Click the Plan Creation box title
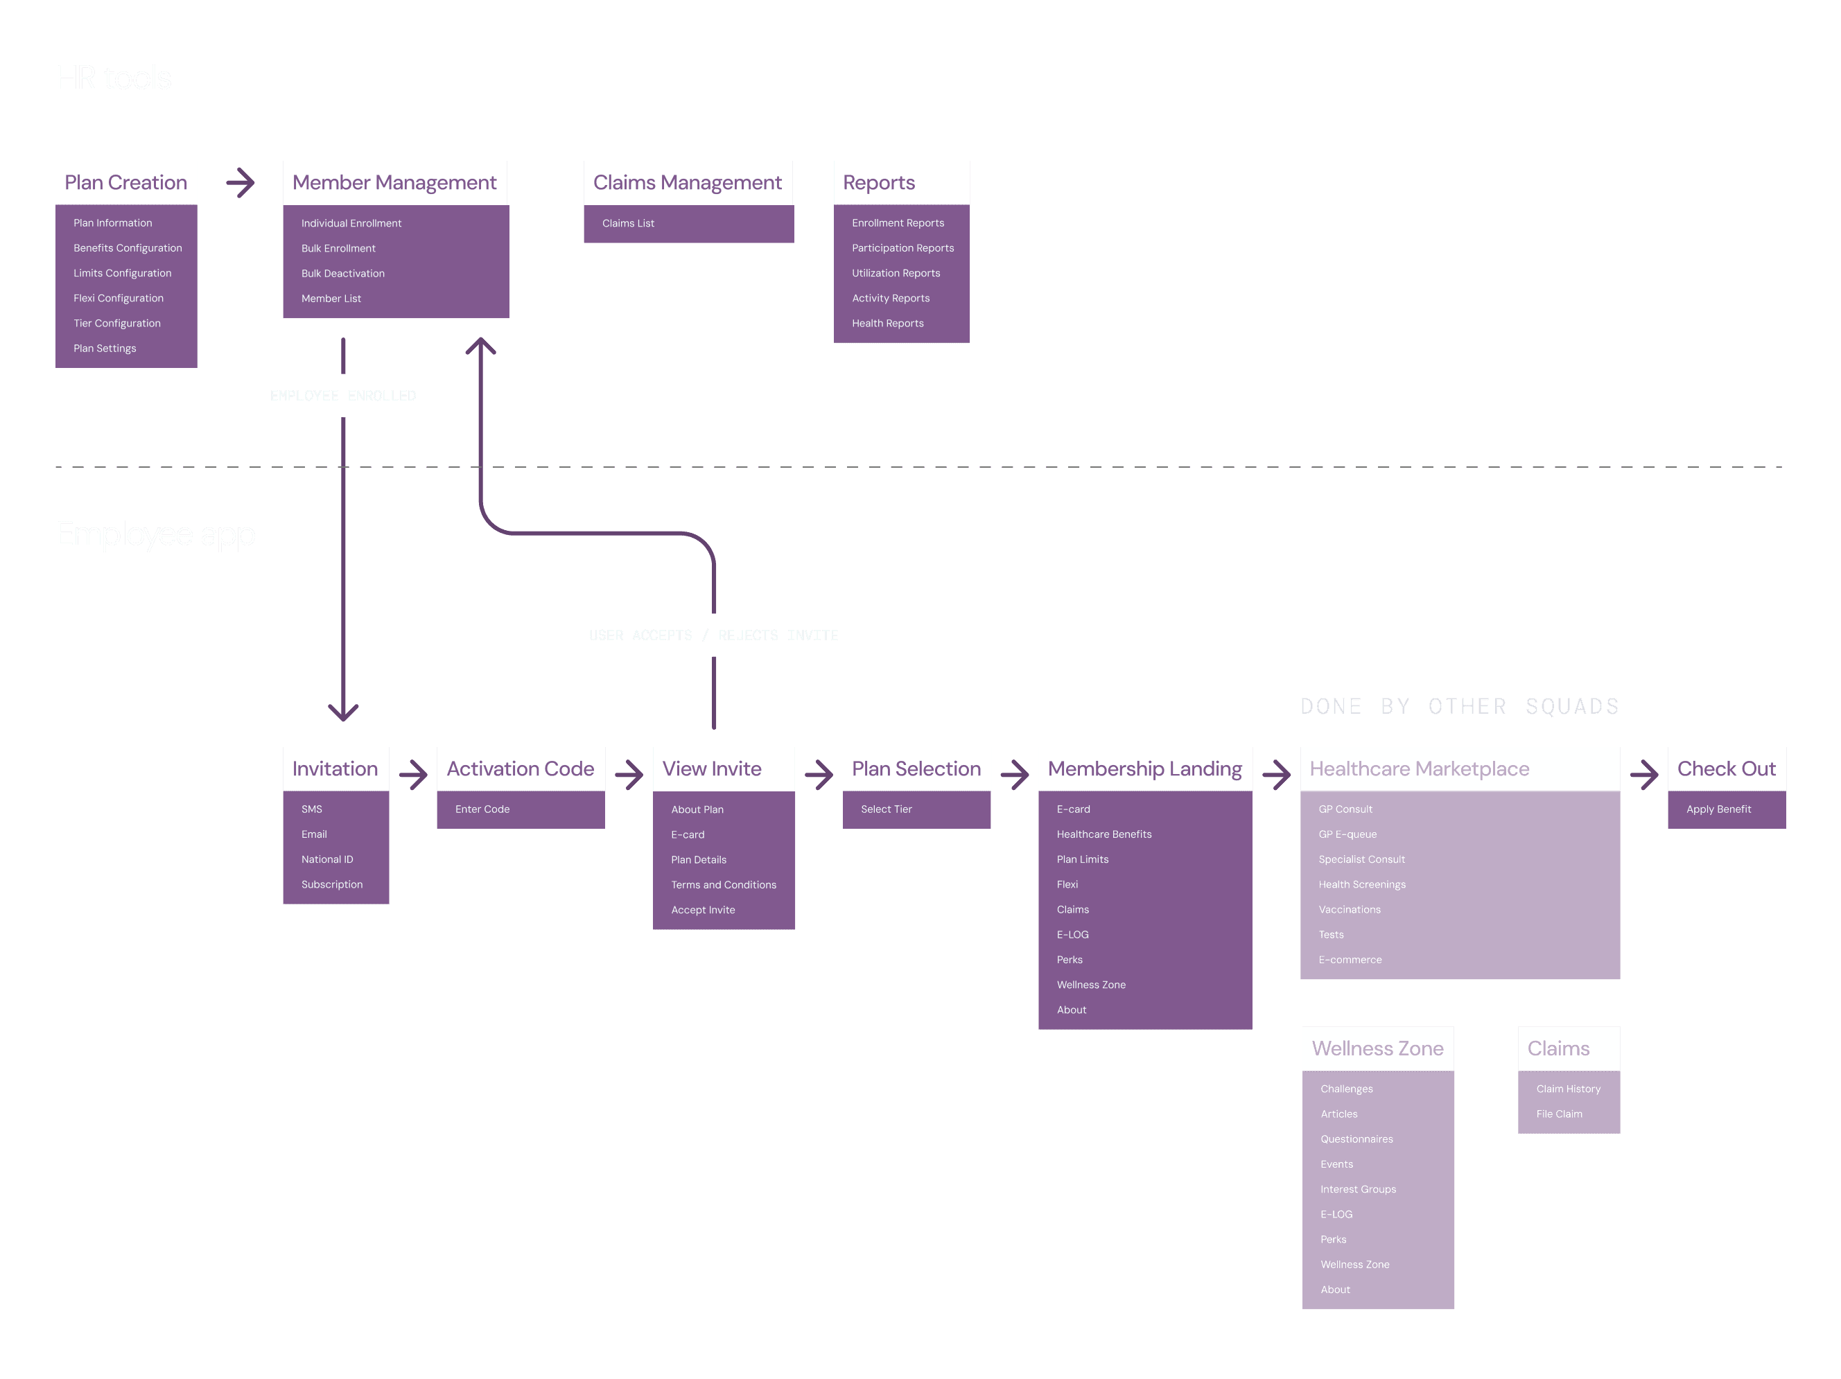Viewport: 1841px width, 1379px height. tap(125, 182)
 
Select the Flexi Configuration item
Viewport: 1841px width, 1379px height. tap(119, 298)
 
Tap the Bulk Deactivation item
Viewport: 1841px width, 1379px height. tap(343, 273)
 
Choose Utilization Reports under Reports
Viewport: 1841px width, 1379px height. tap(896, 273)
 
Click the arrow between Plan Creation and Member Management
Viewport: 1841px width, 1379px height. tap(241, 182)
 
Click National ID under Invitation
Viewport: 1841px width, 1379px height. tap(327, 859)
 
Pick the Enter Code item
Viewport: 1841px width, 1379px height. tap(482, 809)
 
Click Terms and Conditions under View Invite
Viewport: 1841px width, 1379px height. tap(723, 885)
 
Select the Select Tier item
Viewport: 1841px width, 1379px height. tap(886, 809)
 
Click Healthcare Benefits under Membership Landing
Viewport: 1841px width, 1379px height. tap(1103, 834)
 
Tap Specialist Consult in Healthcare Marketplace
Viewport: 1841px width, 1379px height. tap(1361, 859)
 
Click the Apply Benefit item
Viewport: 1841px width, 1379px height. tap(1718, 809)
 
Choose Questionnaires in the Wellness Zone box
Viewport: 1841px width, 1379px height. tap(1356, 1139)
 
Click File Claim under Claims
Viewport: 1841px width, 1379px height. tap(1559, 1114)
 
